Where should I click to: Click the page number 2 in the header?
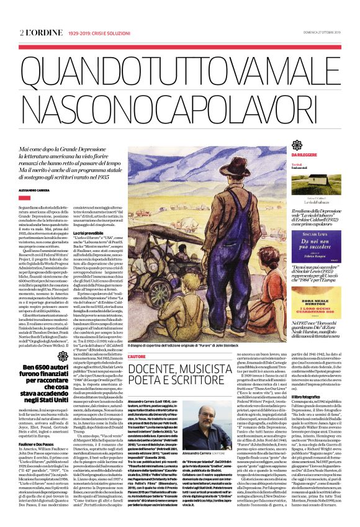22,14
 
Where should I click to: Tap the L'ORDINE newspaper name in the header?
39,14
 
